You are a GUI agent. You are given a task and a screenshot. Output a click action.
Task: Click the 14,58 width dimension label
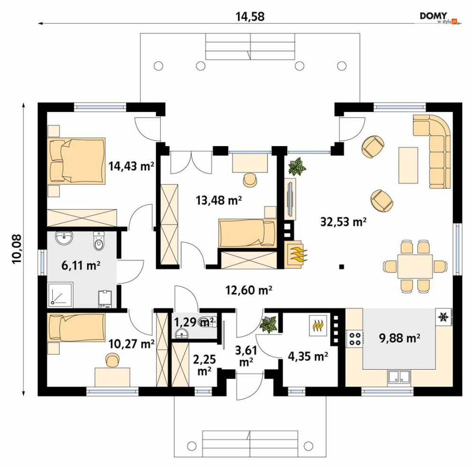250,17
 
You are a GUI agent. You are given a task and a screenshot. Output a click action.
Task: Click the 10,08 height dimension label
17,249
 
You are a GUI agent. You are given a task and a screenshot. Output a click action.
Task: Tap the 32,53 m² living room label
343,222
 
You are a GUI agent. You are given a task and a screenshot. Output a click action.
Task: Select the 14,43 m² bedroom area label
131,166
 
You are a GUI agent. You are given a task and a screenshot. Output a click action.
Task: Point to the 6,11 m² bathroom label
81,266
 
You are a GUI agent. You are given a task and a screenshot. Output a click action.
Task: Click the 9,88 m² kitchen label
399,338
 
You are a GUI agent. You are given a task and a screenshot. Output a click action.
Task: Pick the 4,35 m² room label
308,356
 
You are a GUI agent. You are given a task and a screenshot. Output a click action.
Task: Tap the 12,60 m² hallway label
249,290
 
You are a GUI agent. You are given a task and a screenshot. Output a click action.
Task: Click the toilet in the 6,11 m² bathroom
99,241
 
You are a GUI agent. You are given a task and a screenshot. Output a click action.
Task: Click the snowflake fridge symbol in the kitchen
443,317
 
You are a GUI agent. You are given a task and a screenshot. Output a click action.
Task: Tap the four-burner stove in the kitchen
354,338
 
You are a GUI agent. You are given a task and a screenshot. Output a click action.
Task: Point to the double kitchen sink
399,377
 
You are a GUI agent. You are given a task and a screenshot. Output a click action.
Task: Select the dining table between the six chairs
415,266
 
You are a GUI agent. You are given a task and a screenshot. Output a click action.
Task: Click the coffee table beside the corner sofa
408,165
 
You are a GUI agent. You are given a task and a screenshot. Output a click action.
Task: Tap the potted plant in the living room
297,166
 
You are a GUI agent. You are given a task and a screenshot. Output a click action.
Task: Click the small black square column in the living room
342,266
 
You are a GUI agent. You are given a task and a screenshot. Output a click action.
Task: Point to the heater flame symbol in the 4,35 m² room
318,325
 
